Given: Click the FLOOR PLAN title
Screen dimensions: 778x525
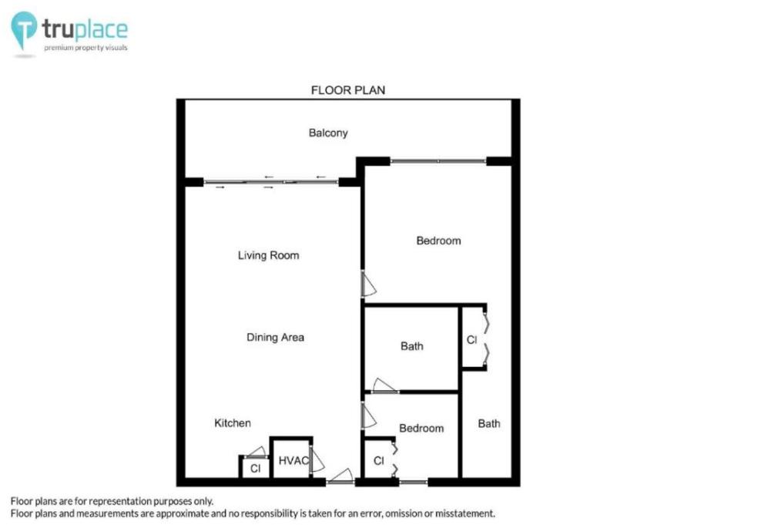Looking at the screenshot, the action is pyautogui.click(x=348, y=90).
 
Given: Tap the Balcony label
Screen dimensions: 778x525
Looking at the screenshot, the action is pyautogui.click(x=328, y=133).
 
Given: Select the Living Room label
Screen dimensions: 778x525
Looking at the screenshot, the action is pyautogui.click(x=268, y=255).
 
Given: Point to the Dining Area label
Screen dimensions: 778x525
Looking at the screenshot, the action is pyautogui.click(x=275, y=337).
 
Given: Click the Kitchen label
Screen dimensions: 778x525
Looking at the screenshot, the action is pyautogui.click(x=232, y=422).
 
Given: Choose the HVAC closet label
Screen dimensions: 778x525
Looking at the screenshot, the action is pyautogui.click(x=293, y=460).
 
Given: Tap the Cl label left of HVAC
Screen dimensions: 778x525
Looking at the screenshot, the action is pyautogui.click(x=255, y=469).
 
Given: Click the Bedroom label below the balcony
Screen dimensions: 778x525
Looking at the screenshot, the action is pyautogui.click(x=438, y=241).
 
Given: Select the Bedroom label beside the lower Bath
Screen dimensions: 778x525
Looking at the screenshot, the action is pyautogui.click(x=421, y=428).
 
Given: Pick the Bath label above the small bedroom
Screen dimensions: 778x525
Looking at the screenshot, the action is pyautogui.click(x=412, y=346).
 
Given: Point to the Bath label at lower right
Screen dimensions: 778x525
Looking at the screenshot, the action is pyautogui.click(x=488, y=424).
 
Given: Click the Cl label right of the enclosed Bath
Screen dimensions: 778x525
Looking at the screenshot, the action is pyautogui.click(x=471, y=340).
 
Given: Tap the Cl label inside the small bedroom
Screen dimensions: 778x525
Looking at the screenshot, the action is pyautogui.click(x=378, y=461).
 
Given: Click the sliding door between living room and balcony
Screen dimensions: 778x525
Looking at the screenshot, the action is pyautogui.click(x=271, y=182).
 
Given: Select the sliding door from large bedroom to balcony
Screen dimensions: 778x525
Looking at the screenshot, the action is pyautogui.click(x=438, y=161).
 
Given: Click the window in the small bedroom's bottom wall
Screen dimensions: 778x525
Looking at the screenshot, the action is pyautogui.click(x=414, y=482).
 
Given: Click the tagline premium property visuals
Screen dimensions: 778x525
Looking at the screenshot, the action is pyautogui.click(x=86, y=48).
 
